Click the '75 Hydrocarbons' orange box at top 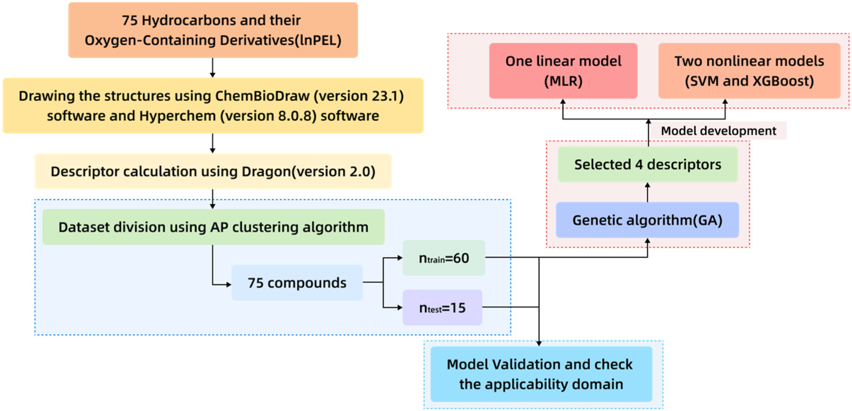(213, 30)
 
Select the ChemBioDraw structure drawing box (213, 106)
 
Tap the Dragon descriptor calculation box (213, 171)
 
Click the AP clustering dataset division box (213, 227)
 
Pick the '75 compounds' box (297, 283)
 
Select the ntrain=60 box (444, 258)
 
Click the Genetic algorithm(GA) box (647, 220)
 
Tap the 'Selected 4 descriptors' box (647, 165)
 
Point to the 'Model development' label (718, 131)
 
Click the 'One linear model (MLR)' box (563, 71)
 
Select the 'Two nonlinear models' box (749, 71)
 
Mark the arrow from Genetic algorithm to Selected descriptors (647, 192)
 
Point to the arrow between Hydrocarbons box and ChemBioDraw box (212, 67)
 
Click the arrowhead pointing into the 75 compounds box (228, 285)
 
